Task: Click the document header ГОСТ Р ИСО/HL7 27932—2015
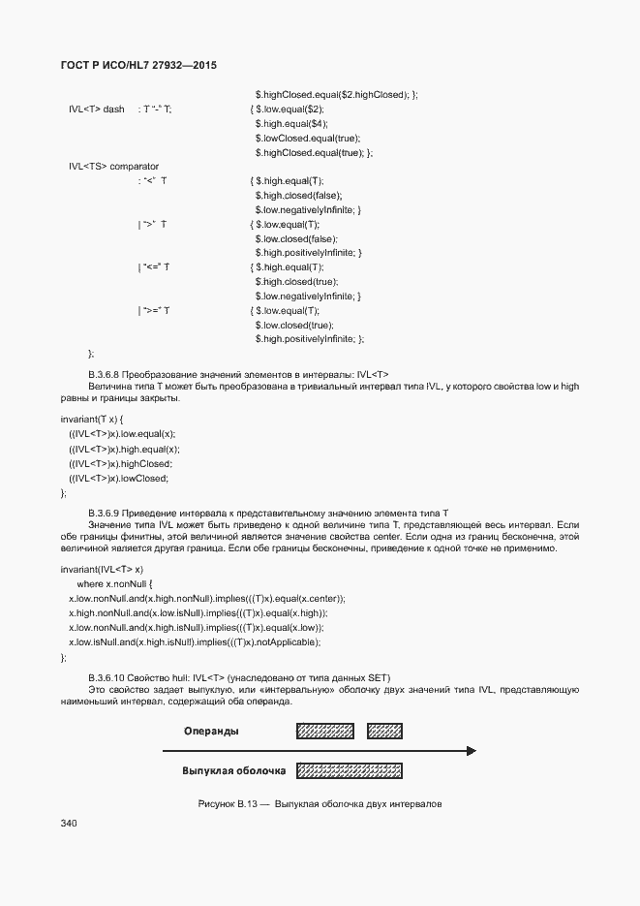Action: (x=138, y=65)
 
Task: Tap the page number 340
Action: (x=68, y=823)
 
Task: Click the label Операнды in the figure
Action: (x=211, y=732)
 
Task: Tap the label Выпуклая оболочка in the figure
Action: (x=234, y=771)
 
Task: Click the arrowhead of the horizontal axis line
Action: (x=471, y=750)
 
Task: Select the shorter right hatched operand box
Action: (x=385, y=732)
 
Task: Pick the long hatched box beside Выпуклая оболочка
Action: (x=350, y=771)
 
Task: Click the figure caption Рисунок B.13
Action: (x=320, y=804)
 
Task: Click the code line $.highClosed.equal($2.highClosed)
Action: (x=336, y=95)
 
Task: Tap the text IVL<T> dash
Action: (x=97, y=109)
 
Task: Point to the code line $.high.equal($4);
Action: (x=291, y=124)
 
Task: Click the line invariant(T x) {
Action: (x=92, y=419)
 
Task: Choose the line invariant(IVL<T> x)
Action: (x=102, y=569)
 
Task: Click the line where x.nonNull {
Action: (x=115, y=584)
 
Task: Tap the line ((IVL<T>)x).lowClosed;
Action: (x=119, y=479)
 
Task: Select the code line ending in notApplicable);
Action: (x=195, y=642)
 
